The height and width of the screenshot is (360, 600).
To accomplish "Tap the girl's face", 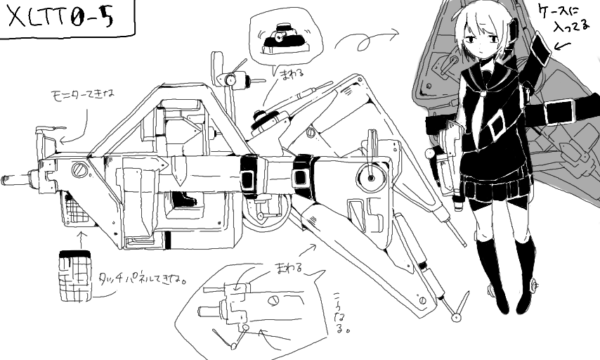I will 482,43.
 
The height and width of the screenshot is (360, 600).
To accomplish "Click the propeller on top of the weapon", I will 232,77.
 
